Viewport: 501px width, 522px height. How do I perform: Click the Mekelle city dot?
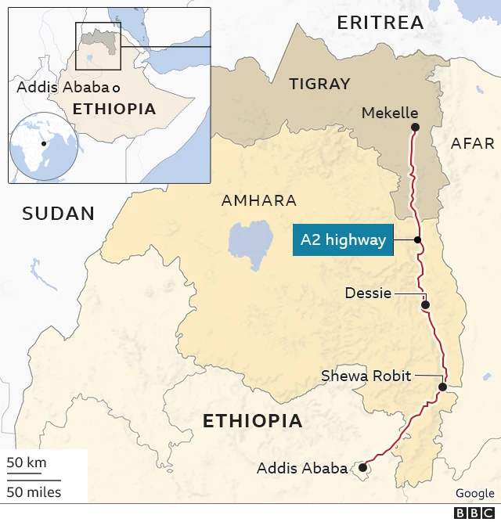click(x=415, y=127)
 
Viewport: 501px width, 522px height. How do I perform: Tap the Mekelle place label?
click(x=389, y=113)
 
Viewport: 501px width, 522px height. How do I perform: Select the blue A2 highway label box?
click(x=344, y=240)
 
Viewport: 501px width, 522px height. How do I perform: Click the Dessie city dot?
click(x=427, y=305)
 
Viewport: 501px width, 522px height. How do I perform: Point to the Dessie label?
click(x=368, y=293)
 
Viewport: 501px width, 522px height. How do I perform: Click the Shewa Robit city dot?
click(x=442, y=387)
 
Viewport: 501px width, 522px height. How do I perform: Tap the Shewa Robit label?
click(x=366, y=376)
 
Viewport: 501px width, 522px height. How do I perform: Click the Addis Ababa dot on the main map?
click(x=362, y=468)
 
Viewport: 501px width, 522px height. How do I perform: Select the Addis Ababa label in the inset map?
click(x=63, y=87)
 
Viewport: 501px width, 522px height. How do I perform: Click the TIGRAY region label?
click(x=319, y=84)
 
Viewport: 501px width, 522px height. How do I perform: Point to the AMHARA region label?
click(x=258, y=201)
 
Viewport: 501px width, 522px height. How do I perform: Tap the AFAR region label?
click(x=473, y=143)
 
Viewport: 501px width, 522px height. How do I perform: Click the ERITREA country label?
click(x=380, y=23)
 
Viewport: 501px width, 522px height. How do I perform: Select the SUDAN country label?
click(x=58, y=213)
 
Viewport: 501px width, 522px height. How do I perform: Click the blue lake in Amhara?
click(x=249, y=240)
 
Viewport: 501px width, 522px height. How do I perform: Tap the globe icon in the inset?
click(x=42, y=146)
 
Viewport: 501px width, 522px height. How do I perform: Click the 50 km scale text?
click(x=27, y=463)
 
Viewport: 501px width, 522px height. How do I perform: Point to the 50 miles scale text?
click(x=34, y=492)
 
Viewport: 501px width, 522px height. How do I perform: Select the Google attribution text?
click(x=474, y=493)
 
